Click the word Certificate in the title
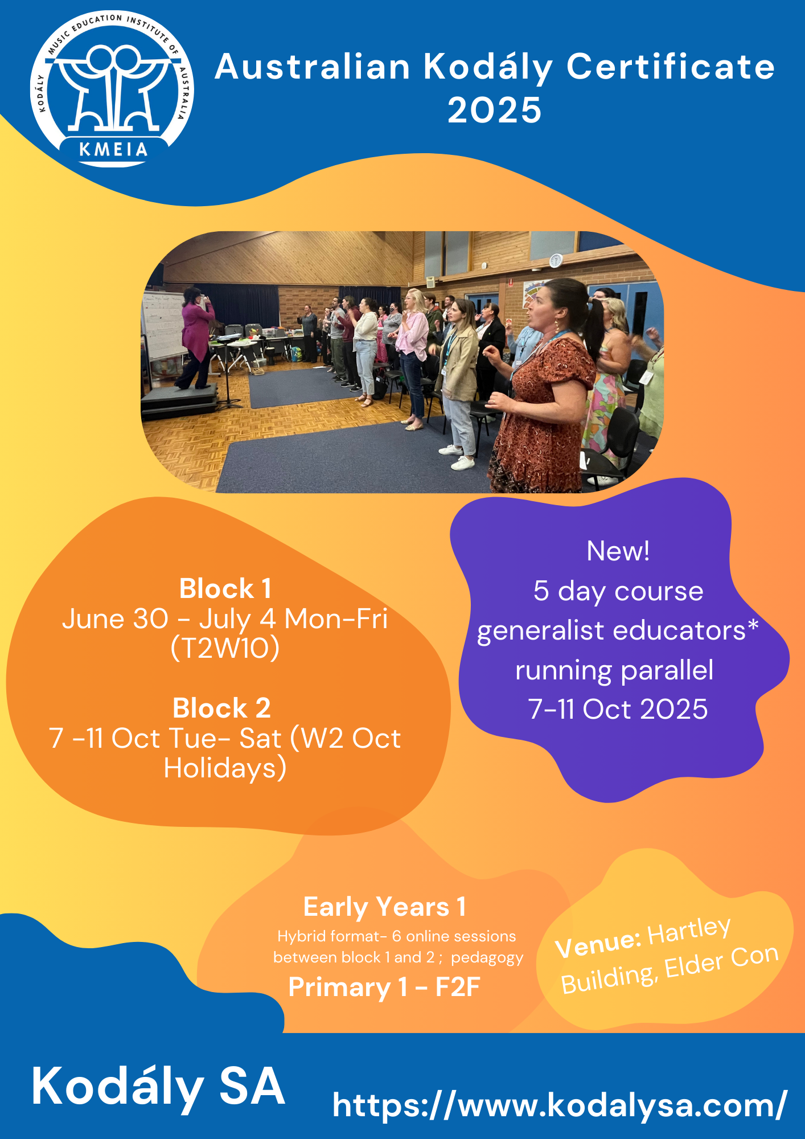(x=671, y=67)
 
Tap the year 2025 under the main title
(x=494, y=110)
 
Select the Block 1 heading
(x=225, y=589)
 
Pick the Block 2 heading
(x=222, y=708)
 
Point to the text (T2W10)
(x=225, y=648)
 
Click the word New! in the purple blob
(x=618, y=551)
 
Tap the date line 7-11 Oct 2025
(x=618, y=709)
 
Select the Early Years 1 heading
(x=385, y=907)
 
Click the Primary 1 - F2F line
(x=384, y=987)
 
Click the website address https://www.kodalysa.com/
(x=560, y=1105)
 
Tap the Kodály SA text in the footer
(x=158, y=1088)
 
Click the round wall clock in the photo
(x=556, y=260)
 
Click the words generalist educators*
(x=618, y=631)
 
